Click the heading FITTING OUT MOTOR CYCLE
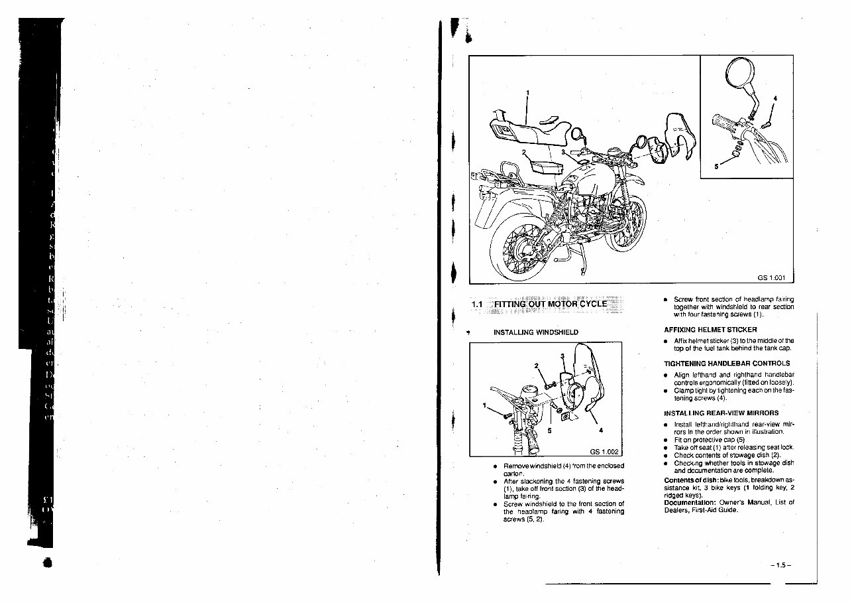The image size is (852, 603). [x=549, y=304]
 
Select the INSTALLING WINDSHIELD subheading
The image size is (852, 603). [x=536, y=332]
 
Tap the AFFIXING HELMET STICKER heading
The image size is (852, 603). [x=710, y=330]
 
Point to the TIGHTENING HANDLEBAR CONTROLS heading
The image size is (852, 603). [x=727, y=364]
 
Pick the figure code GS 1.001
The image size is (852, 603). [x=772, y=278]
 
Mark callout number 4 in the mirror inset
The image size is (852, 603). [x=775, y=100]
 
